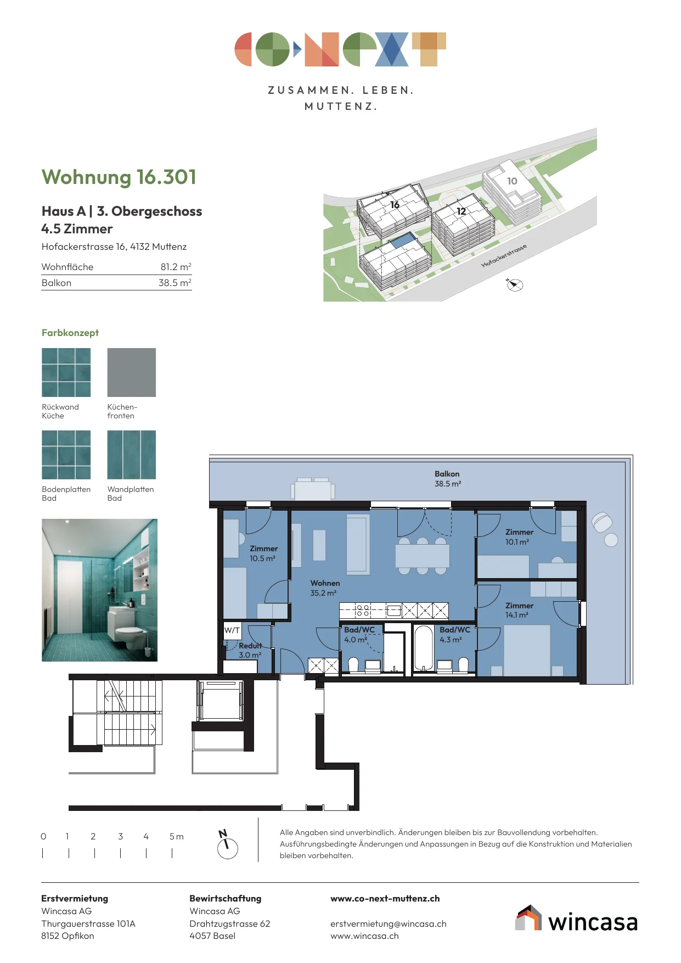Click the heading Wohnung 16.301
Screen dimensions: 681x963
pos(119,177)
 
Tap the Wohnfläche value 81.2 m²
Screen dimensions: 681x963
pos(176,267)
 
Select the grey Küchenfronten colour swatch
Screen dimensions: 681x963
pos(131,372)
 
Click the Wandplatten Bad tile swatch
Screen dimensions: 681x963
pos(131,455)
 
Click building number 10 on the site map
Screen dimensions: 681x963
pos(512,181)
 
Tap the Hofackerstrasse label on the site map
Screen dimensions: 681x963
pos(504,256)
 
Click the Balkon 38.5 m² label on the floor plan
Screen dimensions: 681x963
pos(448,479)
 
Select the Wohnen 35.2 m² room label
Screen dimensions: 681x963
pos(325,588)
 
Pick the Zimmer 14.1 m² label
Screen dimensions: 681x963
pos(519,610)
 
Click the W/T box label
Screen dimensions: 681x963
pos(232,630)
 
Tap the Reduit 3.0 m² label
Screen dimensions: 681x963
pos(250,650)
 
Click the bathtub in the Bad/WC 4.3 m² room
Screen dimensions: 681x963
pos(424,648)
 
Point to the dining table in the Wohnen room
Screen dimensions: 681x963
pos(423,556)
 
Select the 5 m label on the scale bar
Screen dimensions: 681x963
pos(176,836)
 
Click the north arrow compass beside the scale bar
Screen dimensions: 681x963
pos(227,844)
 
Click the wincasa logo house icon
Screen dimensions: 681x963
pos(528,918)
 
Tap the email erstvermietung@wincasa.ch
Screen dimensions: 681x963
pos(389,923)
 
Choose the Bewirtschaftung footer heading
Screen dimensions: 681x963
pos(226,899)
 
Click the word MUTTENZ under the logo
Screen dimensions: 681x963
pos(341,107)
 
